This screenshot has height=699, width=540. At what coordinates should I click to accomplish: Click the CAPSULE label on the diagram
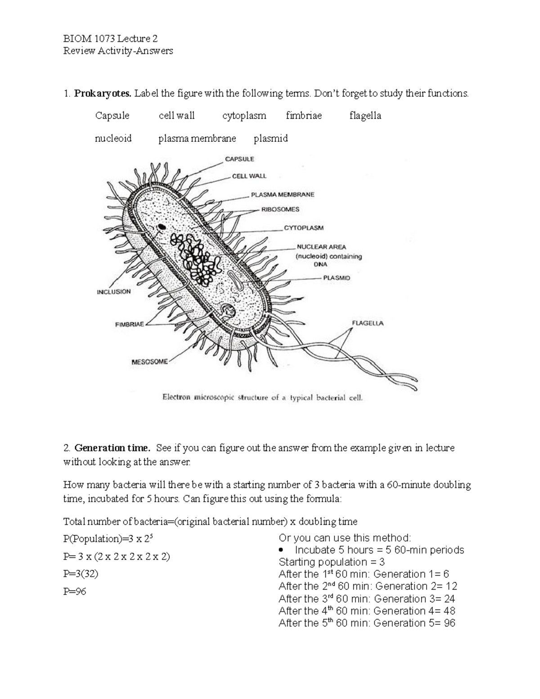click(239, 159)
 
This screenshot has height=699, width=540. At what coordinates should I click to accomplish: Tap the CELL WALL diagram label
click(249, 176)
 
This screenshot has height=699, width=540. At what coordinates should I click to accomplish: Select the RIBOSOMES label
click(280, 209)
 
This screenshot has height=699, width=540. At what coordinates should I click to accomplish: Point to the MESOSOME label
click(149, 361)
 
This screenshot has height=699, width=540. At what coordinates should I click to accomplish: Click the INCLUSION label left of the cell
click(114, 292)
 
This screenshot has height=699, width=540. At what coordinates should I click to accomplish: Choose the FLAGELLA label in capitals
click(368, 323)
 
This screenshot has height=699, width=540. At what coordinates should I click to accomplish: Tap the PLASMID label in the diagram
click(336, 278)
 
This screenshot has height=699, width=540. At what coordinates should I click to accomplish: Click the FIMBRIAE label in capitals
click(130, 325)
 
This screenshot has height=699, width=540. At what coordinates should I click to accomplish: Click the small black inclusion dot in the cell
click(161, 227)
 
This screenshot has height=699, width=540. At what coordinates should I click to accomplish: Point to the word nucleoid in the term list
click(113, 138)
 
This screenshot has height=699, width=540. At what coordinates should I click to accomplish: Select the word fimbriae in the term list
click(304, 116)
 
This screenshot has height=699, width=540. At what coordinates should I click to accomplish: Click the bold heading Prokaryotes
click(103, 94)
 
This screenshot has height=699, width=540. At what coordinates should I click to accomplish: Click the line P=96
click(75, 591)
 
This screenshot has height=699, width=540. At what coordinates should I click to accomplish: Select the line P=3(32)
click(81, 574)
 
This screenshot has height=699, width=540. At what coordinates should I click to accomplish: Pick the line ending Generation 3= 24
click(367, 599)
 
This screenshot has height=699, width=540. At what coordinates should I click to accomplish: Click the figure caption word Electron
click(176, 397)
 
